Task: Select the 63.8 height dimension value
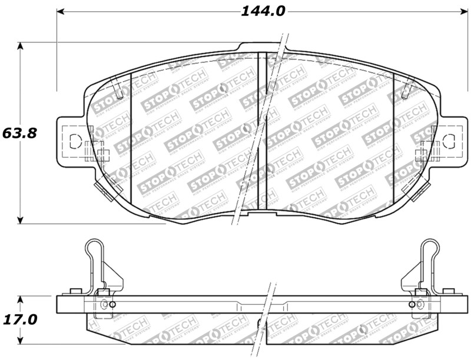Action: pos(19,133)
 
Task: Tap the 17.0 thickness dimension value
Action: pos(19,319)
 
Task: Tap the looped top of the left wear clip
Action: pos(92,248)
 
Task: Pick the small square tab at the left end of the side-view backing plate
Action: pos(75,291)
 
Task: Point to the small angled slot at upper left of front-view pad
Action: pos(121,91)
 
